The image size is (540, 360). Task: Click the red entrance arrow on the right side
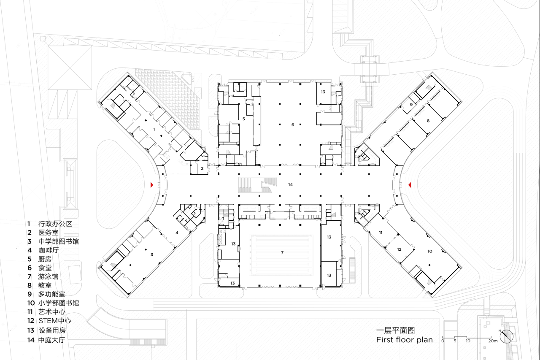410,184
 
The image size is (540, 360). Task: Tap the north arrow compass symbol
507,336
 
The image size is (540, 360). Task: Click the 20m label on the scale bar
493,341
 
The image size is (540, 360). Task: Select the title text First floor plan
404,340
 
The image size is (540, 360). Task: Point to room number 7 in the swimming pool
282,252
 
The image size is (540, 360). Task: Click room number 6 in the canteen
292,125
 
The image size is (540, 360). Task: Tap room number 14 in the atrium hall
290,185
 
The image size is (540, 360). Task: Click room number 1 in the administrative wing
154,129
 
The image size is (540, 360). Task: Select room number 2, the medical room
202,168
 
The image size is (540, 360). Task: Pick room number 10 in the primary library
429,251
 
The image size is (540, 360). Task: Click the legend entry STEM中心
54,321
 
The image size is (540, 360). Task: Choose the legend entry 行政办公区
55,224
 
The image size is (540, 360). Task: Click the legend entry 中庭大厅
51,339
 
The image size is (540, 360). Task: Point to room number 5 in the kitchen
243,119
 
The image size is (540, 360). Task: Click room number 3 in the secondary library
151,254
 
